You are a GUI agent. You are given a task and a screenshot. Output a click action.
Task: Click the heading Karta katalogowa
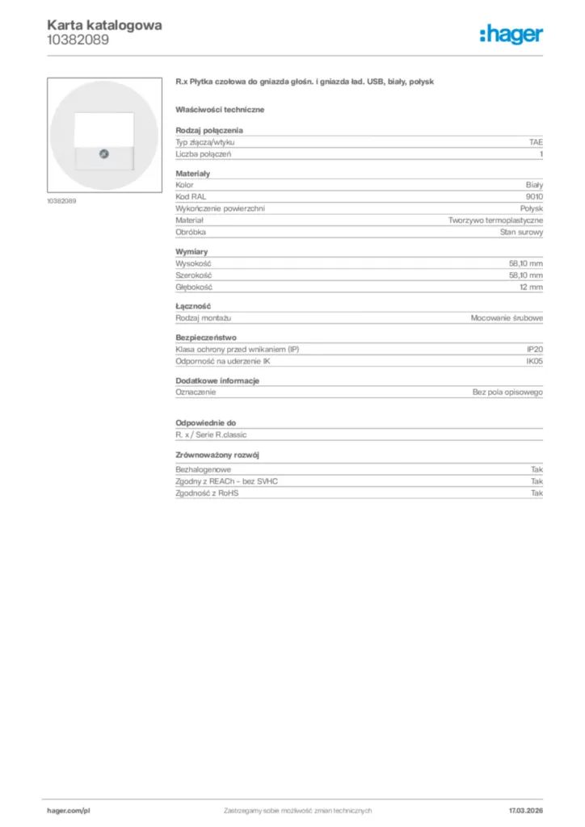[x=104, y=25]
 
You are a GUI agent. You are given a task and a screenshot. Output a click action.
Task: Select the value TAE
[x=536, y=142]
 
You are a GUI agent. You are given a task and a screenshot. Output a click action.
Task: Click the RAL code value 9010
[x=534, y=197]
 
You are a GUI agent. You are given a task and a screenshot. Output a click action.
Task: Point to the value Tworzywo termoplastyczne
[x=496, y=220]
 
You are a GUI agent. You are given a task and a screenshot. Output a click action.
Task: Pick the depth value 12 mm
[x=531, y=287]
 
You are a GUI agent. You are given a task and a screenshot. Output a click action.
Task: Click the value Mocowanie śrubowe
[x=507, y=318]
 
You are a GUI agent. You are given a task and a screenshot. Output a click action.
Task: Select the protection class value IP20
[x=535, y=349]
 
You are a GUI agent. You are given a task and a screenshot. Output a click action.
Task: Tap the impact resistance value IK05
[x=534, y=361]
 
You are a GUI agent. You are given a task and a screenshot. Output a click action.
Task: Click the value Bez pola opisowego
[x=507, y=392]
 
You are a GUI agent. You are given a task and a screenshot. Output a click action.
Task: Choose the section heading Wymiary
[x=191, y=252]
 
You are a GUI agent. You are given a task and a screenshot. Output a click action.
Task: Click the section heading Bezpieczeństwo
[x=207, y=338]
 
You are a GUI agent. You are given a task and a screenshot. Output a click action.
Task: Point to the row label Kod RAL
[x=191, y=197]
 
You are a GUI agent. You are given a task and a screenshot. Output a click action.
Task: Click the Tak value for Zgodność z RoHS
[x=537, y=493]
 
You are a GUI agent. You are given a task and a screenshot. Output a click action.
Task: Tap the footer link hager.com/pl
[x=69, y=810]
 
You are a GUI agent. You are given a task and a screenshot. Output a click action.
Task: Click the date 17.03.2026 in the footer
[x=525, y=810]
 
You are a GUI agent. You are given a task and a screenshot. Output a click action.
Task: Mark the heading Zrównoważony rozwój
[x=217, y=455]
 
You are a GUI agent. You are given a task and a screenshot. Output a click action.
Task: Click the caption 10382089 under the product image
[x=62, y=200]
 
